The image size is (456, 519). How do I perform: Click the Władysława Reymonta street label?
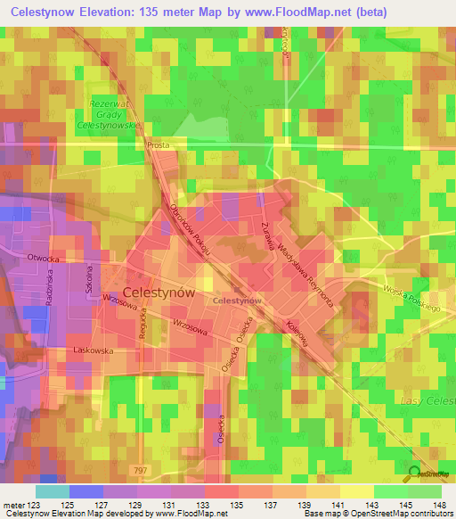point(306,275)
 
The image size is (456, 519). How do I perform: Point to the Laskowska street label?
point(94,350)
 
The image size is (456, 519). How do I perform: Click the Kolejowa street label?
point(296,333)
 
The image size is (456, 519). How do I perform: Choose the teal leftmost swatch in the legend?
point(52,491)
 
